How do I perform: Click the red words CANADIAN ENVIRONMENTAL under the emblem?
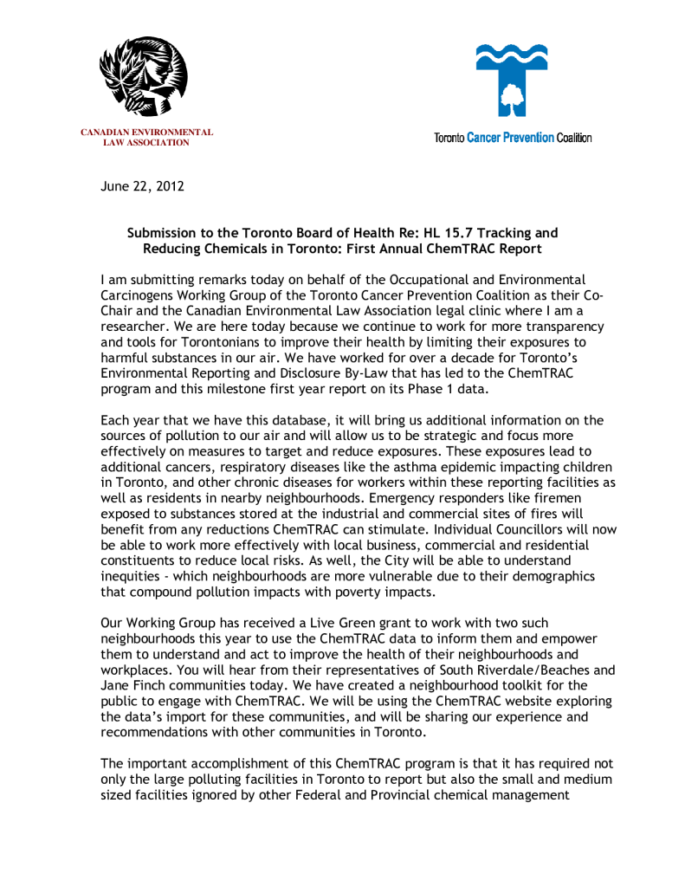146,132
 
